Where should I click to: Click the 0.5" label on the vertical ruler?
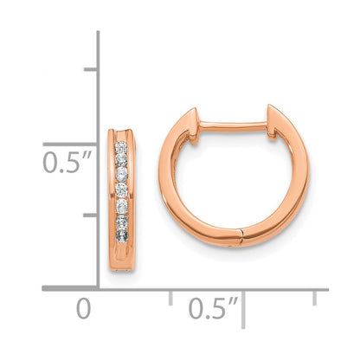click(66, 162)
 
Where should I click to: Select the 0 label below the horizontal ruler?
click(83, 308)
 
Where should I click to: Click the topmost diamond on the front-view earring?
click(122, 147)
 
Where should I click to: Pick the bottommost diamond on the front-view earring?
click(122, 235)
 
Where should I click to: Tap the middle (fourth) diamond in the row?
click(122, 189)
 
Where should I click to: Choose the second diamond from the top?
click(122, 161)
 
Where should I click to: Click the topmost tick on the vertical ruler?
click(89, 68)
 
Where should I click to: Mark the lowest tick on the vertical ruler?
click(89, 214)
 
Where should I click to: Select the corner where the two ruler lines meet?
click(97, 288)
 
